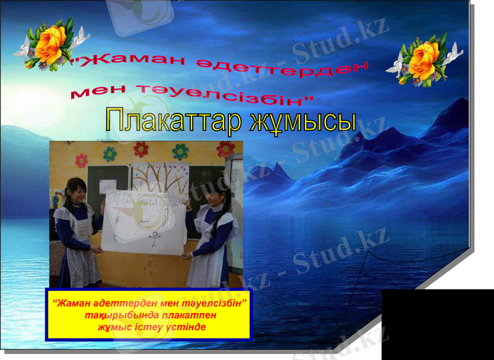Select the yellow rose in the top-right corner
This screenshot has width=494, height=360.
[x=424, y=60]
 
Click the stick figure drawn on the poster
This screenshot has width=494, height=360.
[x=154, y=235]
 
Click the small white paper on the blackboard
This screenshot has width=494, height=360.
[x=108, y=184]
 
